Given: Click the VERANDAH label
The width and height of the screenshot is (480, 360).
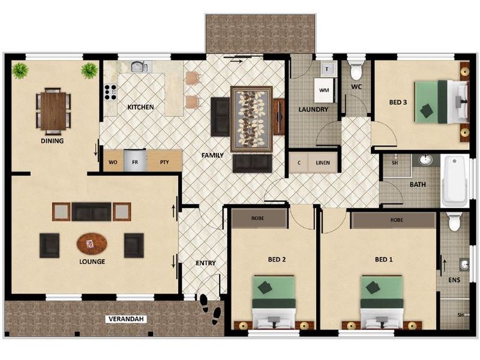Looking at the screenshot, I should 127,319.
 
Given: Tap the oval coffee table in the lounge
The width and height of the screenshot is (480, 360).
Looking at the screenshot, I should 92,244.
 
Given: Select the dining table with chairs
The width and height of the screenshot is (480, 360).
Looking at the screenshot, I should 54,111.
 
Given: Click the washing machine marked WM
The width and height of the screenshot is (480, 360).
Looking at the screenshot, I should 324,90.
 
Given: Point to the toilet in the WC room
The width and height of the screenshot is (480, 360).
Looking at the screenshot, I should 356,71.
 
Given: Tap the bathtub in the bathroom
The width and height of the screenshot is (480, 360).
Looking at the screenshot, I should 454,180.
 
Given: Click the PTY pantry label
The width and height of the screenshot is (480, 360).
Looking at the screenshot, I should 164,162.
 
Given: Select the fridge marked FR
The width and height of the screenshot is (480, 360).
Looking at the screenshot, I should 136,162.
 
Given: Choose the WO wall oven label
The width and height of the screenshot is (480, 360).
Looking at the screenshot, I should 112,162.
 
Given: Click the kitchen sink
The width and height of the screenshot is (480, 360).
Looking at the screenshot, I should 139,66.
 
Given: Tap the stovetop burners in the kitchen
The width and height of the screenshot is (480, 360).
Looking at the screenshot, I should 110,92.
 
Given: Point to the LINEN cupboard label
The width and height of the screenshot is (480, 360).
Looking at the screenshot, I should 322,162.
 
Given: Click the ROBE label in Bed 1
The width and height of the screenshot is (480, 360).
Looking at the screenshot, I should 397,220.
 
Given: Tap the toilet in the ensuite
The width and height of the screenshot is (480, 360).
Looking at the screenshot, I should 454,222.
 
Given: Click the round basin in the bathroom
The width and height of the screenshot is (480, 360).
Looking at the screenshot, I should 425,160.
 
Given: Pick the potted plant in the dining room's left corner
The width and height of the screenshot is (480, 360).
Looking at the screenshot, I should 20,70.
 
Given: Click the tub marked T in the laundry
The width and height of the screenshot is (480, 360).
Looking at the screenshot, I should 326,69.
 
